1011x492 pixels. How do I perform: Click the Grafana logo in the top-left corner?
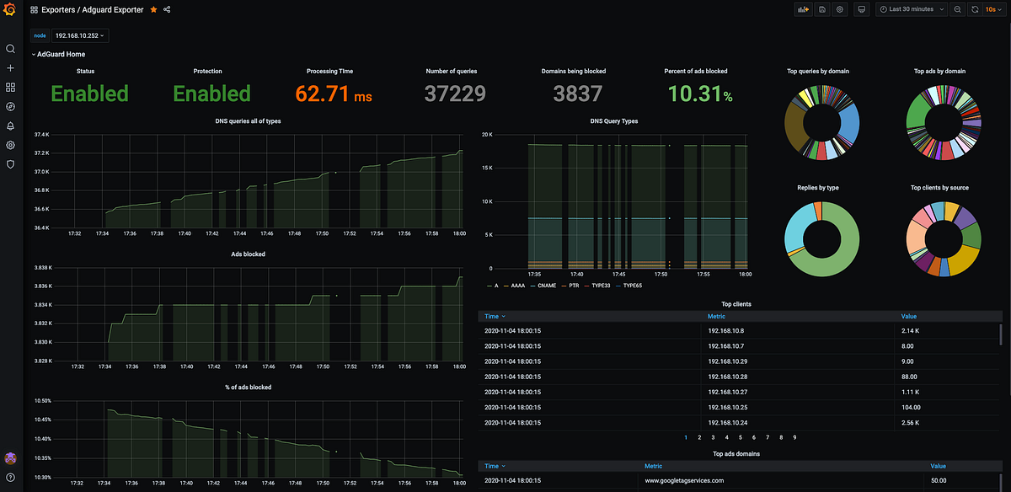click(x=10, y=9)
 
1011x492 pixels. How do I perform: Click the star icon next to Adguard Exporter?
click(x=152, y=9)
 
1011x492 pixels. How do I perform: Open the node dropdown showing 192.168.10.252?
click(x=80, y=35)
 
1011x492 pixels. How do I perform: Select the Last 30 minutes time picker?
click(x=913, y=9)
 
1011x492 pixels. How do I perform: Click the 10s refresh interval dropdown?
click(x=995, y=9)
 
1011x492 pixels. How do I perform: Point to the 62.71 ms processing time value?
click(x=334, y=94)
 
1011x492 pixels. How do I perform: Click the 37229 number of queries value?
click(x=455, y=94)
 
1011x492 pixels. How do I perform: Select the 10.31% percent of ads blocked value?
click(x=698, y=94)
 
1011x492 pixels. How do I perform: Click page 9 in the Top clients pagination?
click(x=794, y=437)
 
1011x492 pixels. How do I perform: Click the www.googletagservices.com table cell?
click(x=684, y=480)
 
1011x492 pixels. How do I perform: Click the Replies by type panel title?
click(x=815, y=188)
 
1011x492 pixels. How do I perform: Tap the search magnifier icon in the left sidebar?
click(x=10, y=49)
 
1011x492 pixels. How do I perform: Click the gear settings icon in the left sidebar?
click(x=10, y=145)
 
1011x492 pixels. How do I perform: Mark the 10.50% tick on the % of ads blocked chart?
click(x=41, y=401)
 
